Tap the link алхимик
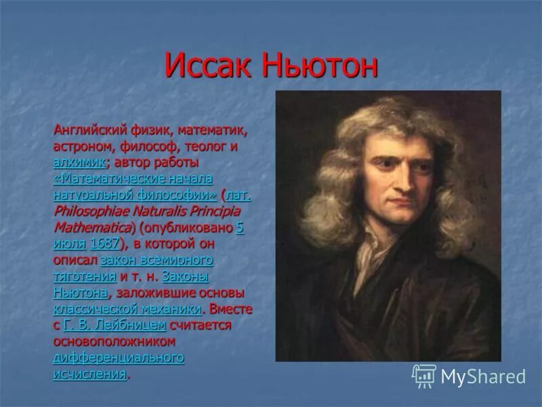pos(79,163)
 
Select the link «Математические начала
pos(133,179)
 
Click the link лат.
pos(238,195)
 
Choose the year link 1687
pos(104,244)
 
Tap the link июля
pos(69,244)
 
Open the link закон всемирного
pos(157,260)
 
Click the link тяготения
pos(85,277)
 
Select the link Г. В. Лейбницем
pos(114,326)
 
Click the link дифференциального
pos(119,358)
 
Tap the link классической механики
pos(127,309)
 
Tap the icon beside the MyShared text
pos(424,376)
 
